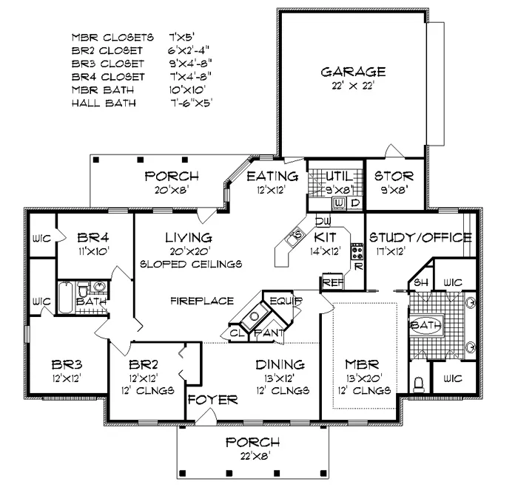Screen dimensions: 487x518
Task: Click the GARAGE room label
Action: [x=353, y=72]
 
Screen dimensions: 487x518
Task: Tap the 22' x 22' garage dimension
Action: [x=353, y=85]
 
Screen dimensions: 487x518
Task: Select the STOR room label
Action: [x=394, y=177]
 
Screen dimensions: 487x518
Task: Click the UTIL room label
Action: [x=337, y=176]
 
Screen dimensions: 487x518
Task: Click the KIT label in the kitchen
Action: [x=326, y=237]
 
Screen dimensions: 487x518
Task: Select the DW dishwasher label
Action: [x=322, y=221]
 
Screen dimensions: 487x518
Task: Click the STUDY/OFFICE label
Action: [x=420, y=237]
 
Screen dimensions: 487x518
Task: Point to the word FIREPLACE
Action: [x=202, y=301]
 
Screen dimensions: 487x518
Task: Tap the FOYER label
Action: [x=212, y=400]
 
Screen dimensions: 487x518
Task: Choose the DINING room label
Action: [x=280, y=364]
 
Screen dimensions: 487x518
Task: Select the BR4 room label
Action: [x=93, y=237]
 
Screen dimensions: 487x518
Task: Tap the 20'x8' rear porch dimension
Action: [x=172, y=189]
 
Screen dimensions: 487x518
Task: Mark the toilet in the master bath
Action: [x=419, y=384]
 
